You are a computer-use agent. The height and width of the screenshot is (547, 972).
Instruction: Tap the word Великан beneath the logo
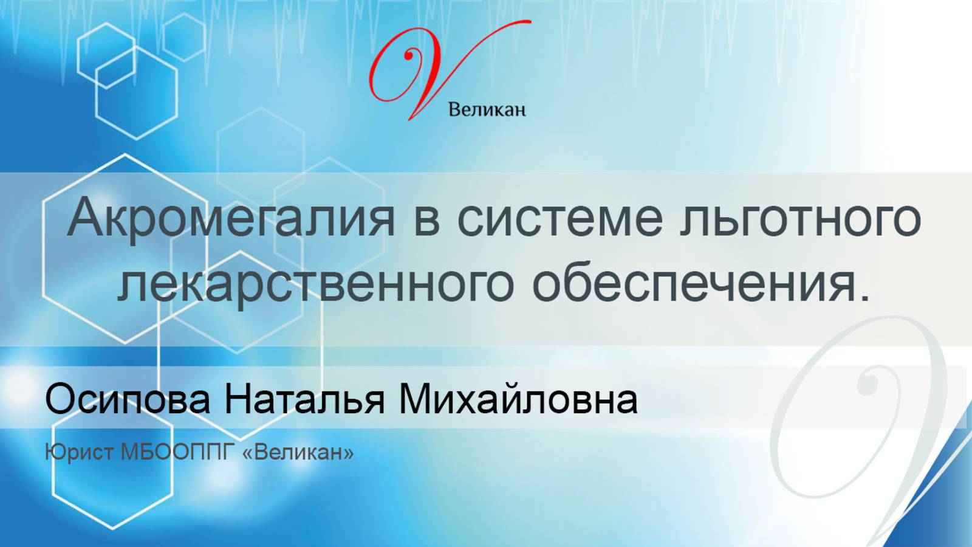[487, 110]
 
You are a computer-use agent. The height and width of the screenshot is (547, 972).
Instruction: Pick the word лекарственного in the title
[316, 284]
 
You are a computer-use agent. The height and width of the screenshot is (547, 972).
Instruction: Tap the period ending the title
[865, 298]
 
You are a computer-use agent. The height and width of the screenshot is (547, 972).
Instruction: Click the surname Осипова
[128, 400]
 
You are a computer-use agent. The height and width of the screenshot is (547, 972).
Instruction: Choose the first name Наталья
[304, 400]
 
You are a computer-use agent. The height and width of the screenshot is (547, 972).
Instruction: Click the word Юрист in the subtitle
[79, 453]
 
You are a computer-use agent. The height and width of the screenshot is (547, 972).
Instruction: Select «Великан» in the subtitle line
[298, 453]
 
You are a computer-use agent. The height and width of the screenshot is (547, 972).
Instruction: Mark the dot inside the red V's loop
[409, 55]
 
